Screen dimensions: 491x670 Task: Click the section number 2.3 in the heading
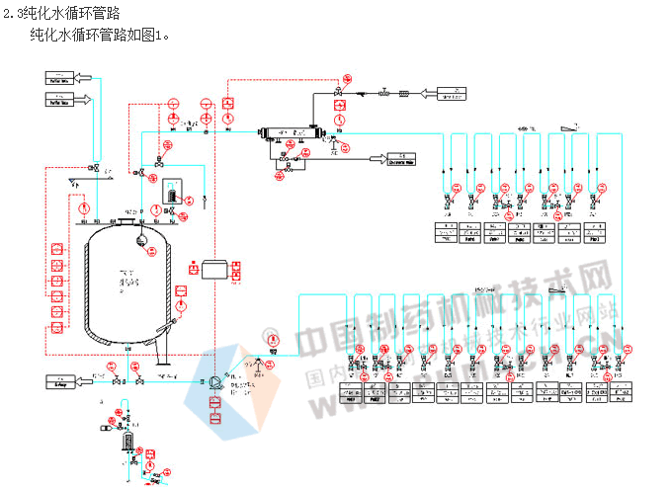click(15, 12)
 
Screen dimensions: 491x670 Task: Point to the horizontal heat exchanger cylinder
click(289, 133)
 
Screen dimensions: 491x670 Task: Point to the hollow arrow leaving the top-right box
click(429, 94)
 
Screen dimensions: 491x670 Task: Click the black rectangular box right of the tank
click(214, 269)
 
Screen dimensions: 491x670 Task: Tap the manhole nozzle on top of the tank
click(126, 219)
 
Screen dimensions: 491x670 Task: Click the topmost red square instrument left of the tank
click(55, 244)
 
